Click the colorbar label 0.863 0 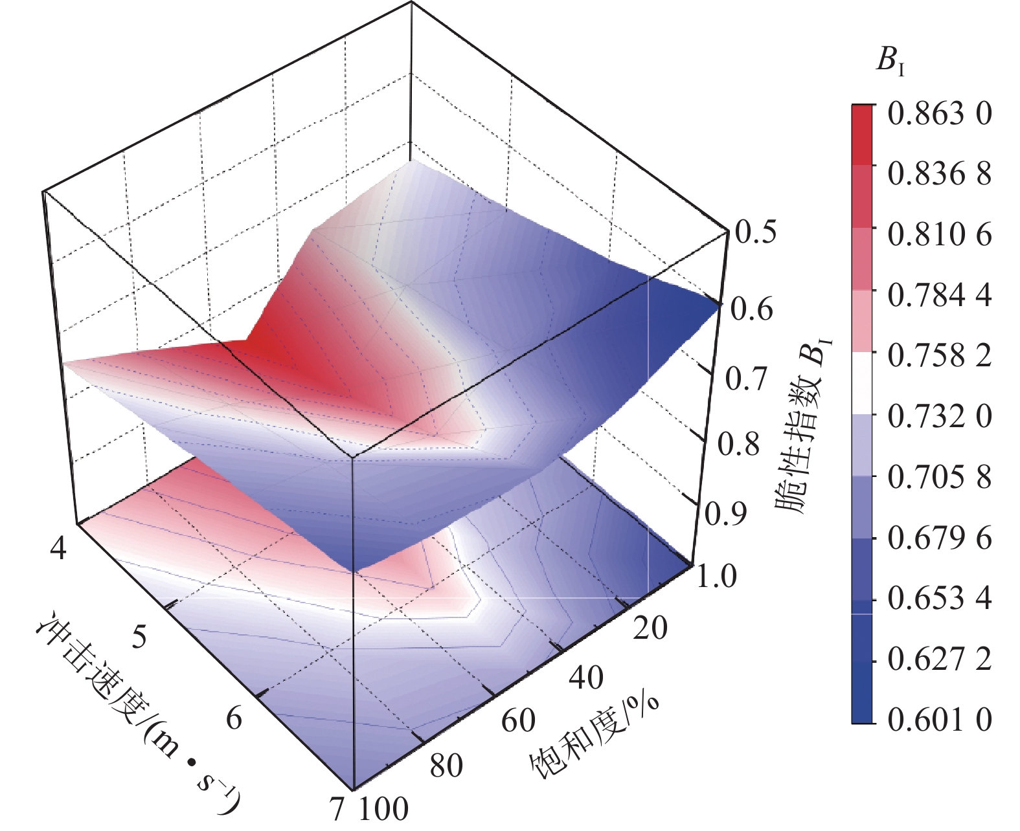click(x=939, y=114)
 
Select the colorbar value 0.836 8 click(x=939, y=173)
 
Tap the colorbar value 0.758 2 click(x=939, y=355)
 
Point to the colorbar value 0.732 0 click(x=939, y=416)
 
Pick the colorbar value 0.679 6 click(x=939, y=538)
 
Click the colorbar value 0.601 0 click(x=939, y=719)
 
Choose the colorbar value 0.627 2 click(x=939, y=659)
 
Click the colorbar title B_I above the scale click(x=890, y=61)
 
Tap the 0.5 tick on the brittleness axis click(x=755, y=232)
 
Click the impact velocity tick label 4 click(x=58, y=548)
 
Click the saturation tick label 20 click(x=650, y=628)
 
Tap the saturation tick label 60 click(x=518, y=720)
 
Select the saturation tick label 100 click(x=383, y=808)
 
